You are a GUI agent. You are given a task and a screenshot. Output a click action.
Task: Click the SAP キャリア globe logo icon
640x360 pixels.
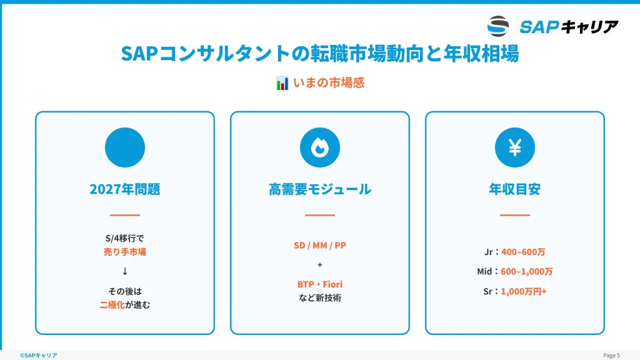coord(498,26)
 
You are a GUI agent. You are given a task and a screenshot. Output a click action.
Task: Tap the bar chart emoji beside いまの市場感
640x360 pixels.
coord(282,83)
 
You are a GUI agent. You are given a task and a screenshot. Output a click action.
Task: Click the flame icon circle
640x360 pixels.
coord(320,147)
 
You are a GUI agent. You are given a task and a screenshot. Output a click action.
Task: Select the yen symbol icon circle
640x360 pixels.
coord(515,147)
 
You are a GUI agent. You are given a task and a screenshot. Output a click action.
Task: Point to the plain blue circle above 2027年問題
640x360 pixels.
coord(125,147)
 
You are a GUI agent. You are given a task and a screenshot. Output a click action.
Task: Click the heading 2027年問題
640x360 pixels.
coord(125,189)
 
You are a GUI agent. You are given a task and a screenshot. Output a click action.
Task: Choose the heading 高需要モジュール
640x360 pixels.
coord(320,189)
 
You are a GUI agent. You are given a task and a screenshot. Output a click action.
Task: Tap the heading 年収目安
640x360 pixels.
coord(515,189)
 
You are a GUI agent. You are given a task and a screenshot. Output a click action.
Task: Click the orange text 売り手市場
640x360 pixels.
coord(125,252)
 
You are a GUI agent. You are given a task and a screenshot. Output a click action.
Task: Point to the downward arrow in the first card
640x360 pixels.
coord(125,271)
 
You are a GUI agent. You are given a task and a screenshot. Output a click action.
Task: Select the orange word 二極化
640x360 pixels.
coord(112,305)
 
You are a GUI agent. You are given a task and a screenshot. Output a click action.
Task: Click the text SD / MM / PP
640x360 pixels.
coord(320,245)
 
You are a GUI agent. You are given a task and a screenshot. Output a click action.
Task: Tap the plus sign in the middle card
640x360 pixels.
coord(320,265)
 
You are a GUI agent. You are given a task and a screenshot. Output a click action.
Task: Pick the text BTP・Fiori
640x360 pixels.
coord(320,284)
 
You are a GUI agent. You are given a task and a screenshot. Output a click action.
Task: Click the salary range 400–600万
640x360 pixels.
coord(523,252)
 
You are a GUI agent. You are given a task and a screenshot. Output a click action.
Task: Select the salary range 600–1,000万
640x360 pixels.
coord(526,271)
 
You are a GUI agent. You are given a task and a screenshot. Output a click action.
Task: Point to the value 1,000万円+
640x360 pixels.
coord(524,291)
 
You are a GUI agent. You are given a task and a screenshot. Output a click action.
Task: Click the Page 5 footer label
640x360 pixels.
coord(611,356)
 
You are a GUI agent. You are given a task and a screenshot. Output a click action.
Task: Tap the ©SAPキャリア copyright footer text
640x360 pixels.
coord(38,356)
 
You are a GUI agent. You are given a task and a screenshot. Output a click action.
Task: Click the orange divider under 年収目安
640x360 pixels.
coord(515,215)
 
